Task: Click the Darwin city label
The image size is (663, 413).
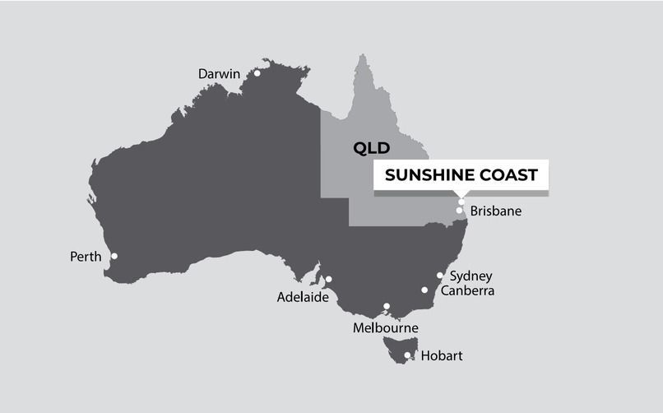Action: coord(219,74)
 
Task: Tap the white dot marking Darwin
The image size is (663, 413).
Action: coord(257,73)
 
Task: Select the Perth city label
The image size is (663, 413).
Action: coord(86,257)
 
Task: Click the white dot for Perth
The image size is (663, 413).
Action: coord(114,256)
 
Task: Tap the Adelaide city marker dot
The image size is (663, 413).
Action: coord(328,279)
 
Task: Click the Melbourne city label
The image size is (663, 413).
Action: coord(386,328)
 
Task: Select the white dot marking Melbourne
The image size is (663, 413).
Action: coord(387,307)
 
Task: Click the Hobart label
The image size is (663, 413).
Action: coord(442,356)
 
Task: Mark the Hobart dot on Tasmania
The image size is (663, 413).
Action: coord(407,355)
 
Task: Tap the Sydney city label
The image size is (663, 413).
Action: coord(471,276)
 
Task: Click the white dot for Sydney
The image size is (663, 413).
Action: coord(440,276)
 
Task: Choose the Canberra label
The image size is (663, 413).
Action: coord(468,290)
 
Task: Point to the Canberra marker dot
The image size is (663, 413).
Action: coord(425,290)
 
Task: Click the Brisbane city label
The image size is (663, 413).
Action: coord(496,211)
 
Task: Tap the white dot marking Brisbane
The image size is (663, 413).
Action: coord(459,211)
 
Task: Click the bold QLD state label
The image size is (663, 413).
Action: coord(370,149)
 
